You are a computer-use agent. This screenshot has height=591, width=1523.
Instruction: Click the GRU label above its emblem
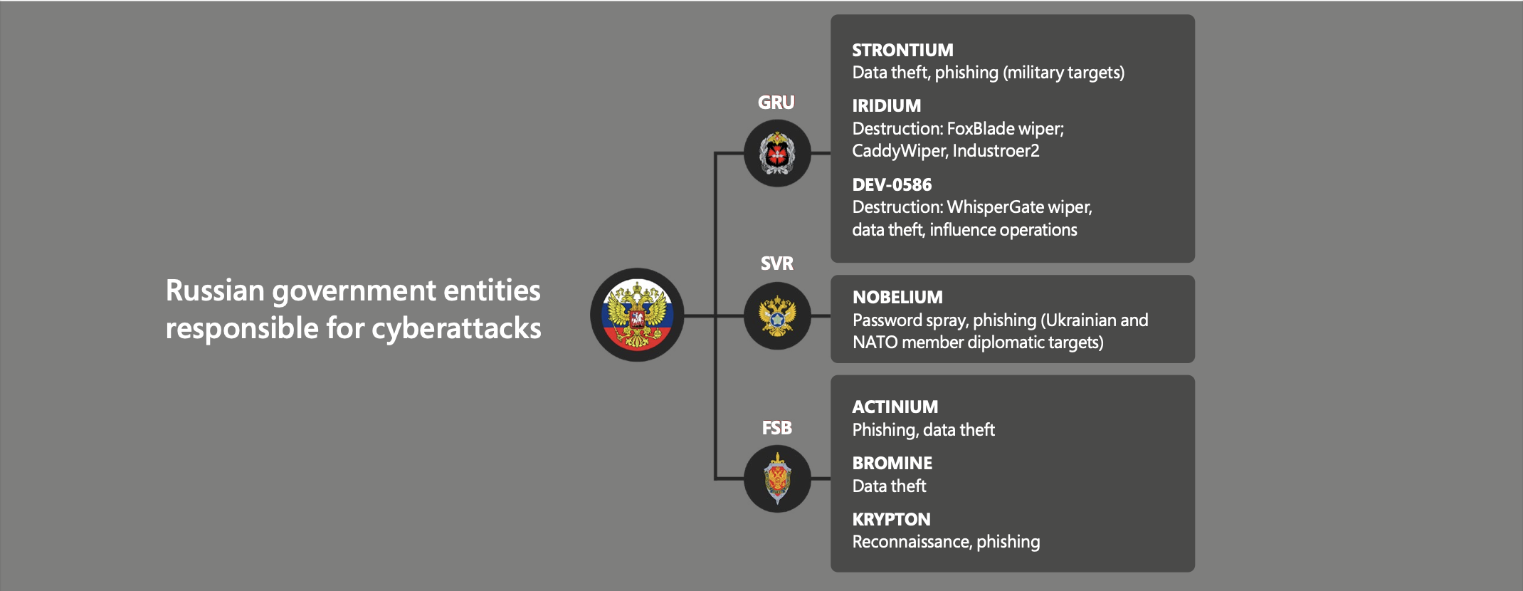click(x=776, y=103)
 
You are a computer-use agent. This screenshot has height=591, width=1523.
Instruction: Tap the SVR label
click(x=776, y=263)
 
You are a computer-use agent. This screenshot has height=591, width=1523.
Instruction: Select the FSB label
click(x=776, y=428)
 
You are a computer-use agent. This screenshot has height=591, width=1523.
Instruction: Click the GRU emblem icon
click(x=777, y=153)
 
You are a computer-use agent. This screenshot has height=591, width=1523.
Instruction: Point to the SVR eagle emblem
click(x=777, y=315)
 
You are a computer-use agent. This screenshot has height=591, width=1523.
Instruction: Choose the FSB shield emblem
click(x=777, y=478)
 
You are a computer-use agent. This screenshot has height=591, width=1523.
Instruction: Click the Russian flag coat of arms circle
click(x=637, y=315)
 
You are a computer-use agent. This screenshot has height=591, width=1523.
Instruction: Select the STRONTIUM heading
click(x=902, y=51)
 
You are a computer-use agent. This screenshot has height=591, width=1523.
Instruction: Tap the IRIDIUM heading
click(x=887, y=106)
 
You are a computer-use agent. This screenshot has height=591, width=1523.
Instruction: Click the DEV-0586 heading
click(x=892, y=185)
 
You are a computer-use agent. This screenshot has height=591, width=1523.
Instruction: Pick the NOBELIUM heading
click(x=897, y=298)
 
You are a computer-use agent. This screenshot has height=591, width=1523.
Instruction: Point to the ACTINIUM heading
click(x=895, y=407)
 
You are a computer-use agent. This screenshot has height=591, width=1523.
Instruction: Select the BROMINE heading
click(x=892, y=464)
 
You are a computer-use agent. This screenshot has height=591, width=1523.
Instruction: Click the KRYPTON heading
click(x=891, y=520)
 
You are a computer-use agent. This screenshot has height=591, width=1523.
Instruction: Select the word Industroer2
click(x=996, y=151)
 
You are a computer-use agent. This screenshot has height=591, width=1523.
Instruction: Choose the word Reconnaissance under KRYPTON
click(x=912, y=542)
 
